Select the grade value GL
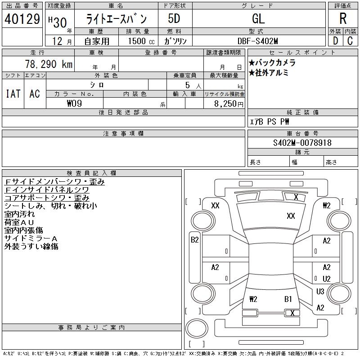(x=258, y=19)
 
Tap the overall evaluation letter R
(x=343, y=19)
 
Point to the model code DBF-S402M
(x=258, y=41)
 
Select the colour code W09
(x=75, y=103)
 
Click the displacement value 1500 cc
(x=141, y=41)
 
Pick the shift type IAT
(x=13, y=94)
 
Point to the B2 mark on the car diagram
(x=195, y=240)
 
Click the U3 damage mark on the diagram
(x=320, y=292)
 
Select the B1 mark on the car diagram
(x=288, y=299)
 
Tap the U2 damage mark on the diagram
(x=327, y=279)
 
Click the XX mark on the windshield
(x=291, y=216)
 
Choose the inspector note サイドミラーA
(x=31, y=238)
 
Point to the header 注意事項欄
(x=123, y=134)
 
